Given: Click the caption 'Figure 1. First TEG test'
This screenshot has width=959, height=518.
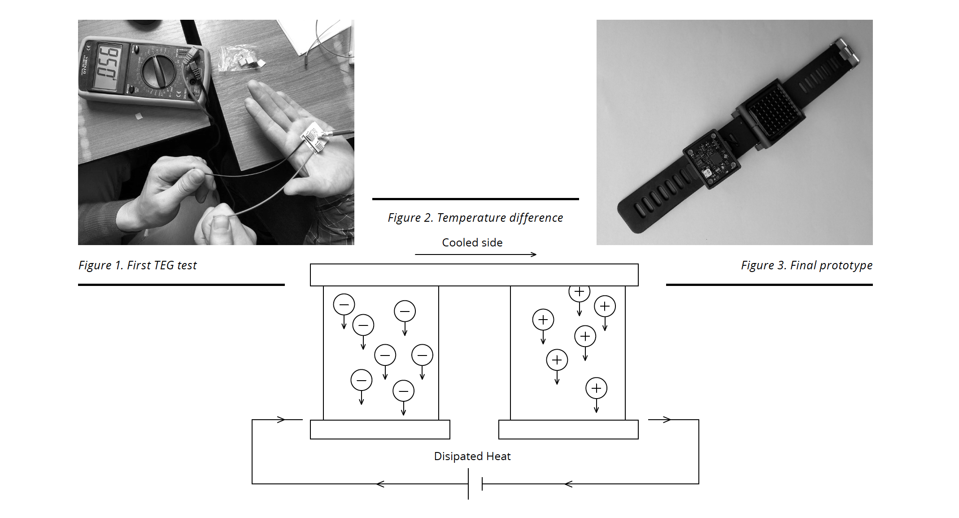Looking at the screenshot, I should click(138, 265).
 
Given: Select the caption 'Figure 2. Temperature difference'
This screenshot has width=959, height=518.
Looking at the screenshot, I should click(475, 218).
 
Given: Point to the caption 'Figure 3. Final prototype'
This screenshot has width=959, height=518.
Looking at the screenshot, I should click(806, 265).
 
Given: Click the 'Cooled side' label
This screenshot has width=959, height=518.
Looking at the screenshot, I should click(472, 242).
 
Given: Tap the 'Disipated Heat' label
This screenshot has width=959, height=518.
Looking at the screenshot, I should click(472, 456).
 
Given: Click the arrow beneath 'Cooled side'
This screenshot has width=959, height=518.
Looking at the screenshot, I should click(475, 255).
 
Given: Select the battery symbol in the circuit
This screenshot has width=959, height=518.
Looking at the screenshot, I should click(475, 484).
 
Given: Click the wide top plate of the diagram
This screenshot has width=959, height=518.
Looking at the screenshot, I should click(474, 275).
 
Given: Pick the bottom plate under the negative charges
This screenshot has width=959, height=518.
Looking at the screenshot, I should click(380, 430).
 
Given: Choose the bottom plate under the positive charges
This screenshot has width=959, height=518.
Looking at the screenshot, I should click(568, 430).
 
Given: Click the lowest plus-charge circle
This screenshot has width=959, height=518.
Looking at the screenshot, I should click(596, 388).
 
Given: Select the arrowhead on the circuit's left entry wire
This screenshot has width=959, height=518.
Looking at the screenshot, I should click(281, 420).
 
